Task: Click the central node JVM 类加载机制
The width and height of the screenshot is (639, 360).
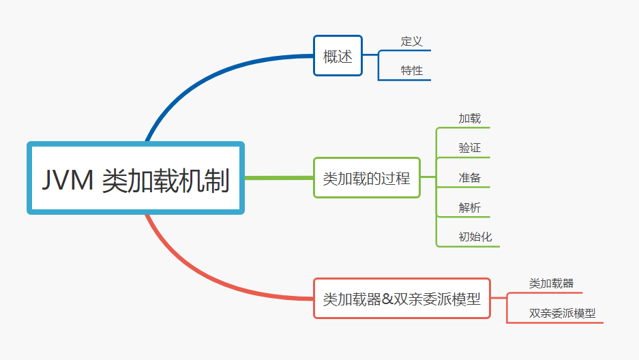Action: pyautogui.click(x=136, y=178)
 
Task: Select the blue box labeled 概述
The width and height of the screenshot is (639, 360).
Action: pyautogui.click(x=338, y=56)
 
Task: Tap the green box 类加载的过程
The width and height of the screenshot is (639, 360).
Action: pyautogui.click(x=367, y=177)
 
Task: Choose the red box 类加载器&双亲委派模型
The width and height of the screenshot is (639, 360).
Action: pyautogui.click(x=402, y=299)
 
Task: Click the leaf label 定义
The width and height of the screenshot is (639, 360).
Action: pyautogui.click(x=412, y=41)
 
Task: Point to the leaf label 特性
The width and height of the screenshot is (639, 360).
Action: pyautogui.click(x=412, y=70)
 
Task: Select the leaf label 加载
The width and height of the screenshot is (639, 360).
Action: pyautogui.click(x=469, y=119)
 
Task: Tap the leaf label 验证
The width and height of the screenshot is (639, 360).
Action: pyautogui.click(x=469, y=148)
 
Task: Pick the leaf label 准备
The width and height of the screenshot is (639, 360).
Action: pyautogui.click(x=469, y=177)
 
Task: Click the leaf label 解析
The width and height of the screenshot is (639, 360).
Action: pyautogui.click(x=469, y=207)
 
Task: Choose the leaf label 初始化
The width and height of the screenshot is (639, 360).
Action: pyautogui.click(x=475, y=237)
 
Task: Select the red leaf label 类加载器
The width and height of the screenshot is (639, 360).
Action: pyautogui.click(x=552, y=284)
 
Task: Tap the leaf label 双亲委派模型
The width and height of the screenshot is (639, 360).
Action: pyautogui.click(x=563, y=313)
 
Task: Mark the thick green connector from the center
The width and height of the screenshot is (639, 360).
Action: pyautogui.click(x=279, y=177)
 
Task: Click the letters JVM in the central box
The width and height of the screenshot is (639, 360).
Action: pyautogui.click(x=68, y=180)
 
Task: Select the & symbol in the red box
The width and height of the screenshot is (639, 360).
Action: pyautogui.click(x=387, y=299)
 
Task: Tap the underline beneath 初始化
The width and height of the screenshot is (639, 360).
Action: pyautogui.click(x=468, y=246)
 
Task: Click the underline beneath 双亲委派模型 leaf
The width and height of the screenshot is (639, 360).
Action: pyautogui.click(x=554, y=322)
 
